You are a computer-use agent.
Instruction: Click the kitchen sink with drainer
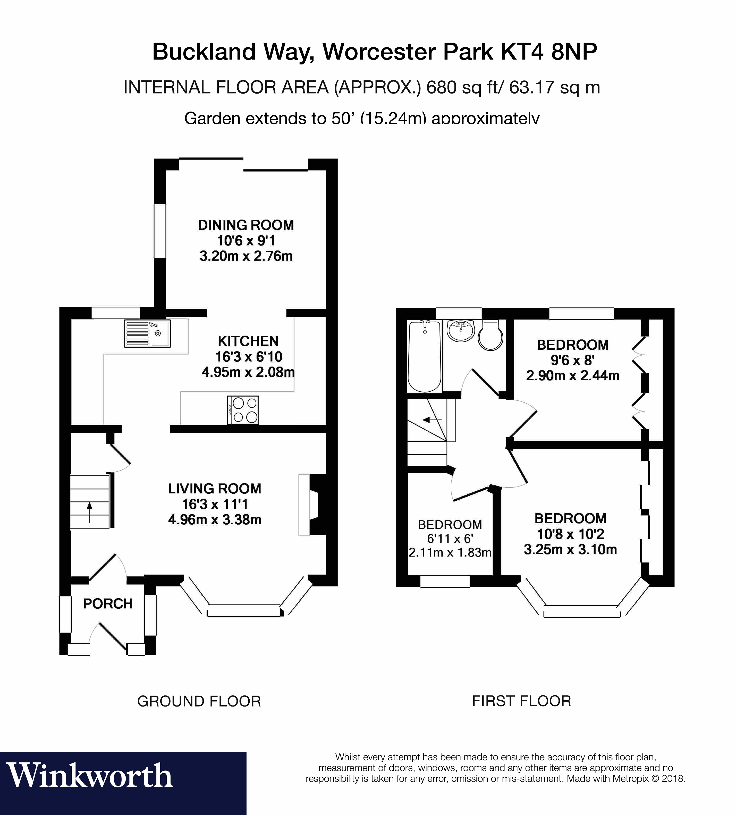tap(147, 333)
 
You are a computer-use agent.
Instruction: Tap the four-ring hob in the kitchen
tap(243, 410)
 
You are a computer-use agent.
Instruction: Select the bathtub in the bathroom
tap(424, 356)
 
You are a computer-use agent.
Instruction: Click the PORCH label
tap(108, 603)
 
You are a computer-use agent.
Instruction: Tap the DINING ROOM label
tap(246, 225)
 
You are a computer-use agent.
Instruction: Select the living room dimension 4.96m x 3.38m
tap(215, 519)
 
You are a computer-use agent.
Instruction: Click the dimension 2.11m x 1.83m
tap(450, 552)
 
